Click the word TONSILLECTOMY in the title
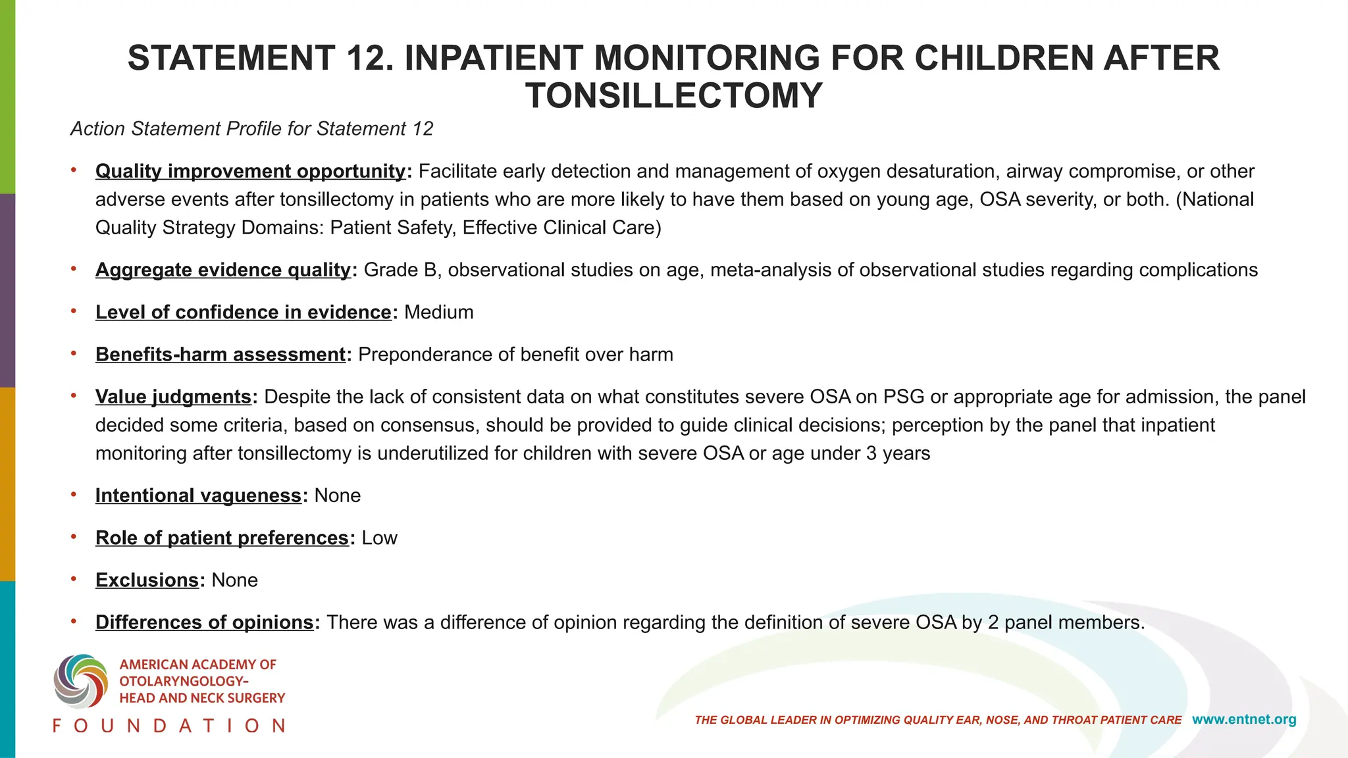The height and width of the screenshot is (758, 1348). (x=673, y=96)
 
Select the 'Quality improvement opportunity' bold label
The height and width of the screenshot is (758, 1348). (x=250, y=171)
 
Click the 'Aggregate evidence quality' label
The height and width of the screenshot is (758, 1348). (x=223, y=270)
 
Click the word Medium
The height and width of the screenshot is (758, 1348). (x=438, y=312)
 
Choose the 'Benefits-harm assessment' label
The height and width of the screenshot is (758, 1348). (x=220, y=355)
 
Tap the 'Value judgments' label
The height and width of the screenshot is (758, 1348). (x=173, y=397)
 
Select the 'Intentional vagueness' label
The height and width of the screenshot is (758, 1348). (x=198, y=495)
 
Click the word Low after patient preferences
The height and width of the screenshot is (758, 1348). (x=379, y=538)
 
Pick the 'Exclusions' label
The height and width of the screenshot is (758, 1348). (x=147, y=580)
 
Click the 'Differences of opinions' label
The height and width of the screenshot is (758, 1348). (x=204, y=622)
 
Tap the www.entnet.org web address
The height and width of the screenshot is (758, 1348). (x=1244, y=720)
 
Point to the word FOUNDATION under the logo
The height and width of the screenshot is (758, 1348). (x=169, y=726)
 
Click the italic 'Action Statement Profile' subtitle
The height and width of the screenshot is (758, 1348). (x=251, y=129)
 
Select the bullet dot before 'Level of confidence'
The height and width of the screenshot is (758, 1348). (x=74, y=311)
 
